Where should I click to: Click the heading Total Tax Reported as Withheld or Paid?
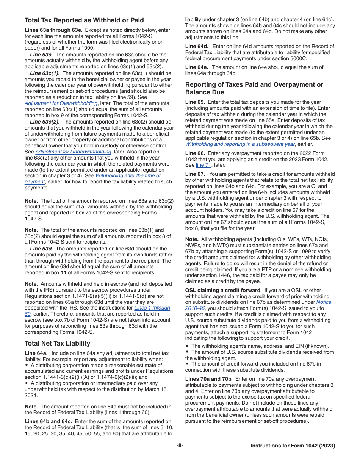(x=84, y=20)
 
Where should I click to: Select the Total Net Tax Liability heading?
(x=57, y=343)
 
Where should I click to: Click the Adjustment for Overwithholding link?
(x=61, y=103)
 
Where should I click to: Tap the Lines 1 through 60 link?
(x=152, y=308)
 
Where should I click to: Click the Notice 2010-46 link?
(x=324, y=302)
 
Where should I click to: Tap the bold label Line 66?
(x=195, y=153)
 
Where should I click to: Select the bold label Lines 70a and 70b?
(x=208, y=379)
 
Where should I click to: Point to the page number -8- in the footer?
(x=180, y=446)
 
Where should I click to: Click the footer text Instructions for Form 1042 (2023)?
(x=293, y=446)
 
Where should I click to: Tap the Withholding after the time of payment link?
(x=128, y=175)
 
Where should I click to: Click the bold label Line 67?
(x=195, y=174)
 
